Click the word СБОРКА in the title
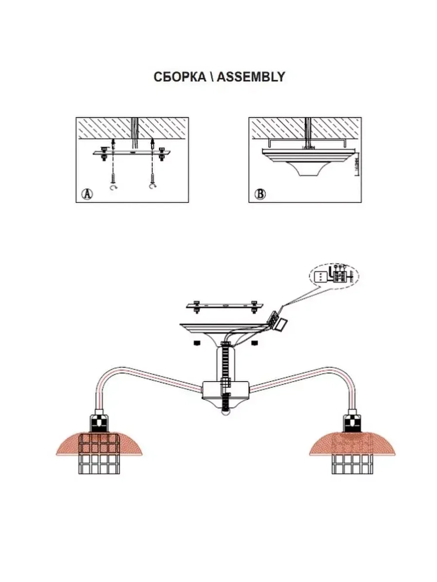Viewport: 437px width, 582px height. [180, 77]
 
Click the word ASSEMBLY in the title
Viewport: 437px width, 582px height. [251, 77]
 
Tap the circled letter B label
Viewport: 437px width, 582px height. [260, 194]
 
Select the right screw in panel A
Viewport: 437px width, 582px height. [153, 178]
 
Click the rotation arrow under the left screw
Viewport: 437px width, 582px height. [114, 188]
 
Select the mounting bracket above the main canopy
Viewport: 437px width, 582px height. [225, 306]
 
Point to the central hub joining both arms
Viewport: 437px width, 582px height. [225, 391]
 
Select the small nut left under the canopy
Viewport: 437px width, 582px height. [197, 342]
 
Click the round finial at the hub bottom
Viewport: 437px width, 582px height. [225, 412]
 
